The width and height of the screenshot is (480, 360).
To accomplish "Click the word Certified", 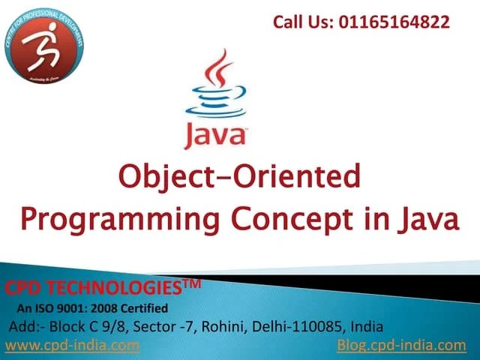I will click(x=143, y=308).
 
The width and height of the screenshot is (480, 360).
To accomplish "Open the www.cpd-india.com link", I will click(x=72, y=345).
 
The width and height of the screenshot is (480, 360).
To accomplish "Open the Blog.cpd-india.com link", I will click(x=402, y=345).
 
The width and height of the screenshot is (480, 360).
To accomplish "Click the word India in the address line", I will click(x=367, y=326).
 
